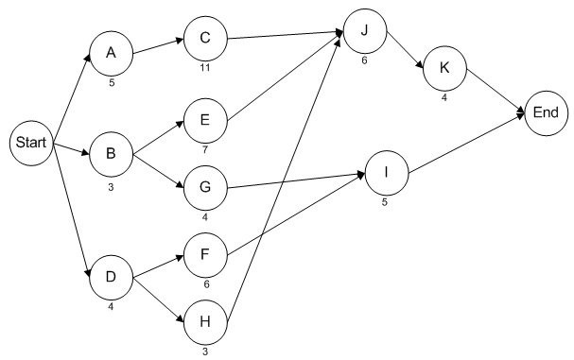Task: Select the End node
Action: point(546,112)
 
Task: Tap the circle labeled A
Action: point(111,54)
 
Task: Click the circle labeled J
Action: point(363,29)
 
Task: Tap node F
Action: point(204,254)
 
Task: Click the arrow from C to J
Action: point(284,37)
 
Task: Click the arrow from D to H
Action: point(157,296)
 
